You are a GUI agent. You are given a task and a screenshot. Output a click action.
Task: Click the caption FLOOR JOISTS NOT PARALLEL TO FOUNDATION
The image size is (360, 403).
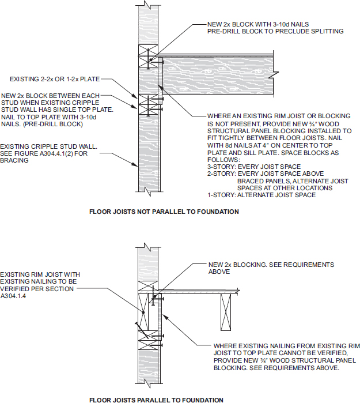[x=164, y=212]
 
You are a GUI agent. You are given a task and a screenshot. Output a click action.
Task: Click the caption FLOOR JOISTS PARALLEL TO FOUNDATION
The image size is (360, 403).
[x=156, y=399]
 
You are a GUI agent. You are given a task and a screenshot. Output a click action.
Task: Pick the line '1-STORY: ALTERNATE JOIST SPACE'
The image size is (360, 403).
[x=261, y=195]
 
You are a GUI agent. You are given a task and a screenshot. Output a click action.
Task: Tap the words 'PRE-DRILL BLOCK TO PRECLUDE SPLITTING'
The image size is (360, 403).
[x=275, y=32]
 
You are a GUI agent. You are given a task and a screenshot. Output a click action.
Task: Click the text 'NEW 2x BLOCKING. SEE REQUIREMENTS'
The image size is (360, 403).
[x=271, y=265]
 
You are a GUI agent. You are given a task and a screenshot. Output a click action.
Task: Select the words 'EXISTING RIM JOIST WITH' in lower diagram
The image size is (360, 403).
[x=40, y=274]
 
